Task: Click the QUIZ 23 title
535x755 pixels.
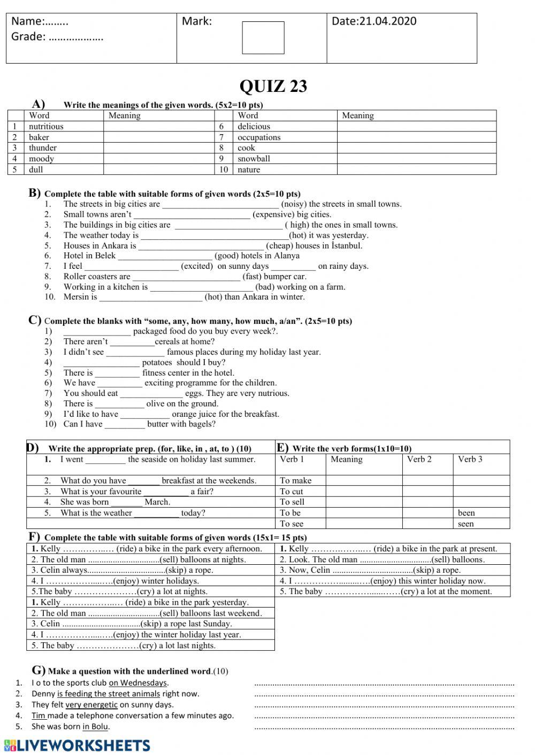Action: [273, 87]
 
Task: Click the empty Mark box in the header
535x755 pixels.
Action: [263, 38]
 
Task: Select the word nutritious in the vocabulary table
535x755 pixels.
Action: [46, 127]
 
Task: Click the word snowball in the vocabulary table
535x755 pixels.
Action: [254, 159]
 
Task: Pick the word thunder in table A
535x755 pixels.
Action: [43, 148]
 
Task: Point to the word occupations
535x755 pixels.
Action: [259, 137]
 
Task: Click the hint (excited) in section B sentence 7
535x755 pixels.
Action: [197, 266]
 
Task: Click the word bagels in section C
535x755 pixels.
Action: [200, 424]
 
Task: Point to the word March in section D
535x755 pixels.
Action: [157, 502]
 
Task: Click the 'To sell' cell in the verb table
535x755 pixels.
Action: [292, 502]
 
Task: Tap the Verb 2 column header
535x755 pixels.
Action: [419, 460]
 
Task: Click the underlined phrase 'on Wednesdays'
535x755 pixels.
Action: [138, 683]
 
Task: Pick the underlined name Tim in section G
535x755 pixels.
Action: [39, 716]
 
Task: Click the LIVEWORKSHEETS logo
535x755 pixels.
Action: [78, 746]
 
